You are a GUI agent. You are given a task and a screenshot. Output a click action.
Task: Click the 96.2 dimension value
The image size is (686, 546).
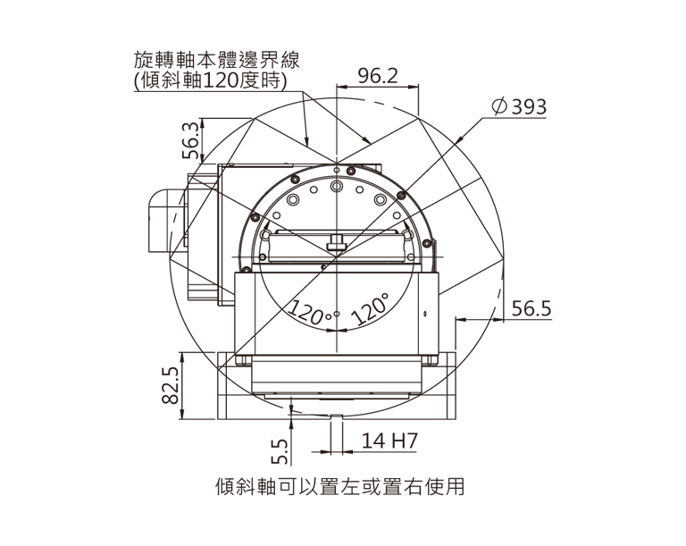378,76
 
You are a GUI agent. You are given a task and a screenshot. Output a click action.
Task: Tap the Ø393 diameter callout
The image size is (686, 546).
519,106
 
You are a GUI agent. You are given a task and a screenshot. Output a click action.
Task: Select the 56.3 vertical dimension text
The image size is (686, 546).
191,140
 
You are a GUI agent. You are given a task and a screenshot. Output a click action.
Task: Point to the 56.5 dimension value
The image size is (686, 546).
531,308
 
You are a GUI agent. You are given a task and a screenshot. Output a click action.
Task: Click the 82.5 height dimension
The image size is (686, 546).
171,385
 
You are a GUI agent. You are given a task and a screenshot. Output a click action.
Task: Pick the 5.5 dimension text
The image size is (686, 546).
280,451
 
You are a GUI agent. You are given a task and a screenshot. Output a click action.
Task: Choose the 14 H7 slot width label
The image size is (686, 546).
389,441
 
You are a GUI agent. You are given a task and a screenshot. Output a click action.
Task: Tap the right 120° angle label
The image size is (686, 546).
371,310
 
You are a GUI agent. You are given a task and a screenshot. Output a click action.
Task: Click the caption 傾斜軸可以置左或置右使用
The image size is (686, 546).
340,486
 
